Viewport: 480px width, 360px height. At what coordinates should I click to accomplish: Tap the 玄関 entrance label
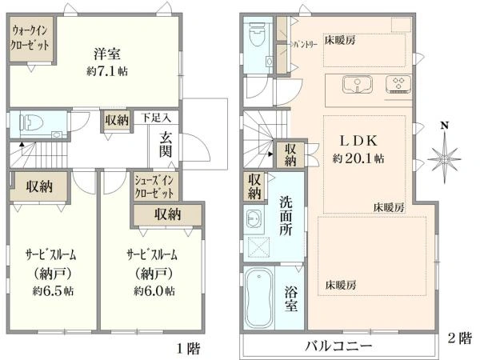point(165,144)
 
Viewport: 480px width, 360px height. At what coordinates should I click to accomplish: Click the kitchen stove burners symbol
point(398,83)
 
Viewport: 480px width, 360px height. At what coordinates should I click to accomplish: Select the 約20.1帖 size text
point(358,159)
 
